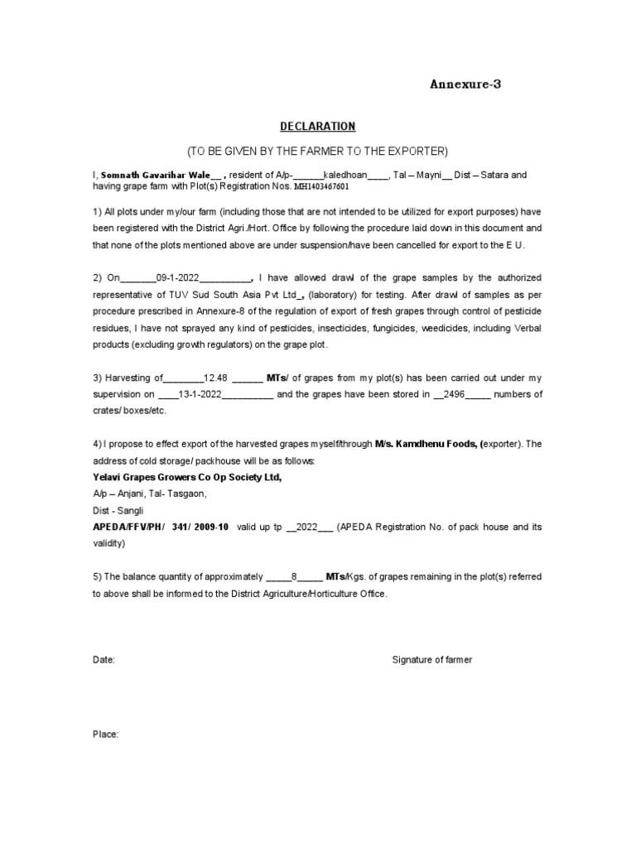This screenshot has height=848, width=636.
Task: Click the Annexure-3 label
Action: [x=465, y=84]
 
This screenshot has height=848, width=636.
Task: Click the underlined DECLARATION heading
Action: [x=317, y=126]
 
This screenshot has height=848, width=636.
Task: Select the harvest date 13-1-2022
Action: [x=200, y=393]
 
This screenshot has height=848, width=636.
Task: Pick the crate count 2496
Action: [x=455, y=393]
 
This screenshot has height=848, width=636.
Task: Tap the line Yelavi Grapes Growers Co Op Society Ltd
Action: [x=187, y=477]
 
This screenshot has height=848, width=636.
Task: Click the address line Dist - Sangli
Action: [x=118, y=510]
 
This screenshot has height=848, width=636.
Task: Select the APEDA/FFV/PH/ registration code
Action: [x=161, y=527]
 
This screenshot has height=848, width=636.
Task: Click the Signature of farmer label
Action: [x=431, y=660]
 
